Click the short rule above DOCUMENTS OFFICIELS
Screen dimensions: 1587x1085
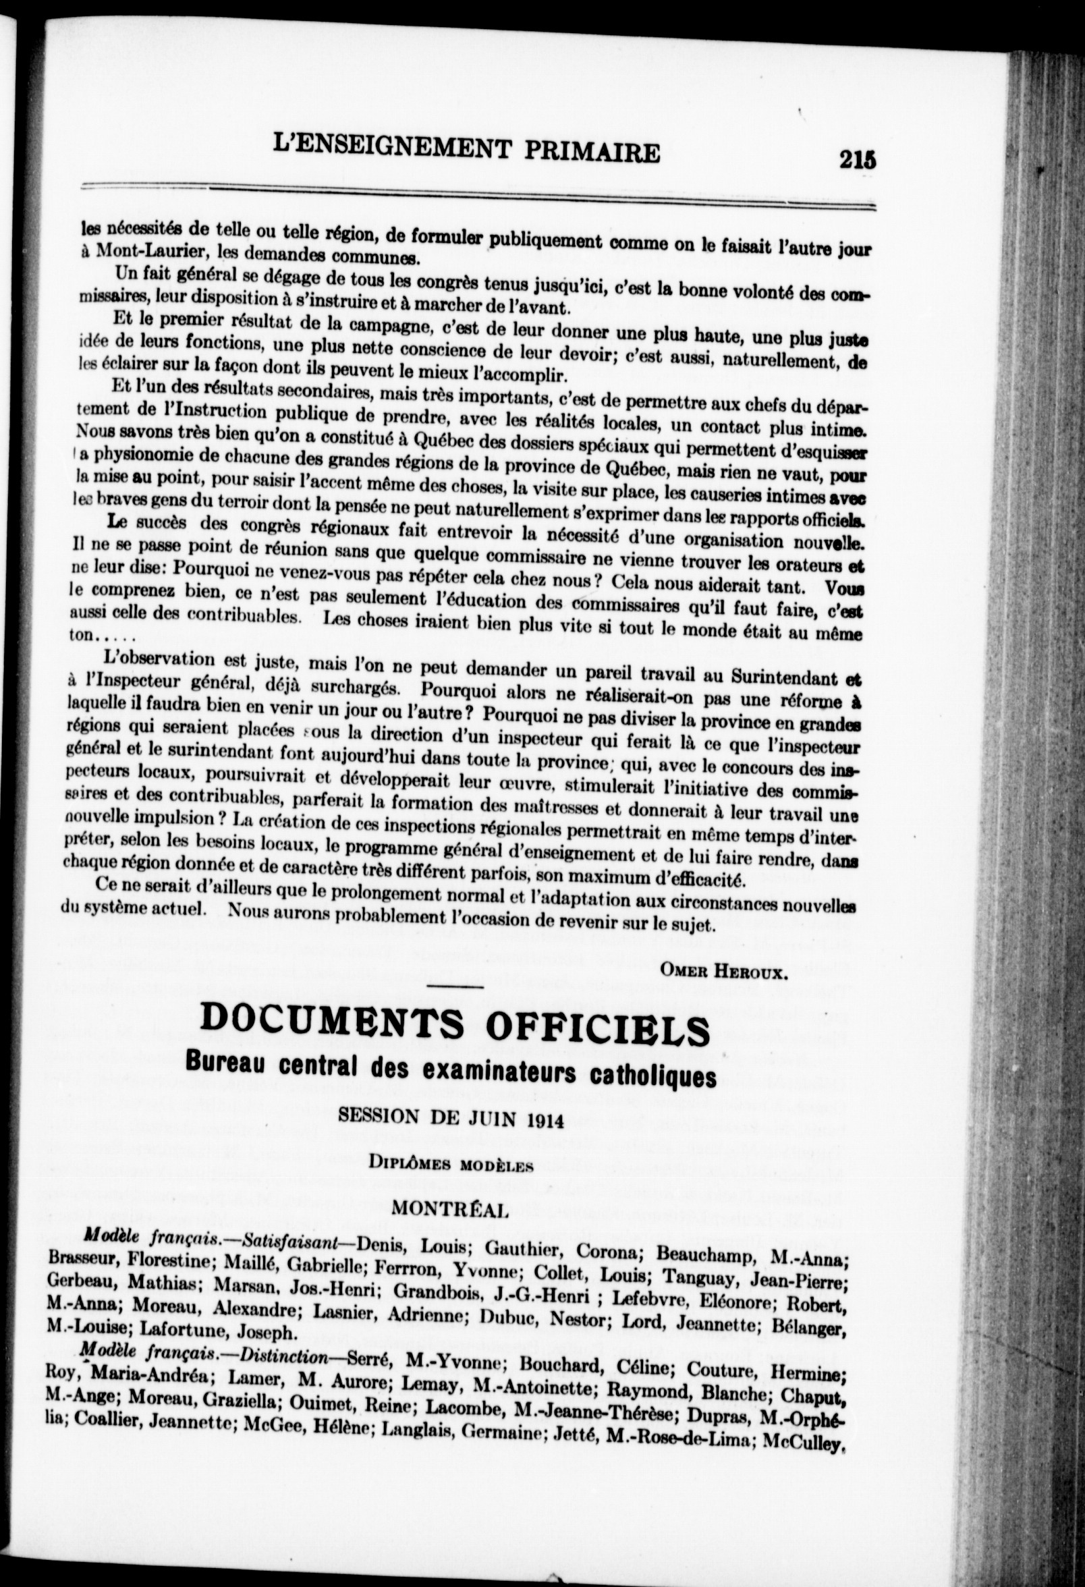pyautogui.click(x=455, y=988)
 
